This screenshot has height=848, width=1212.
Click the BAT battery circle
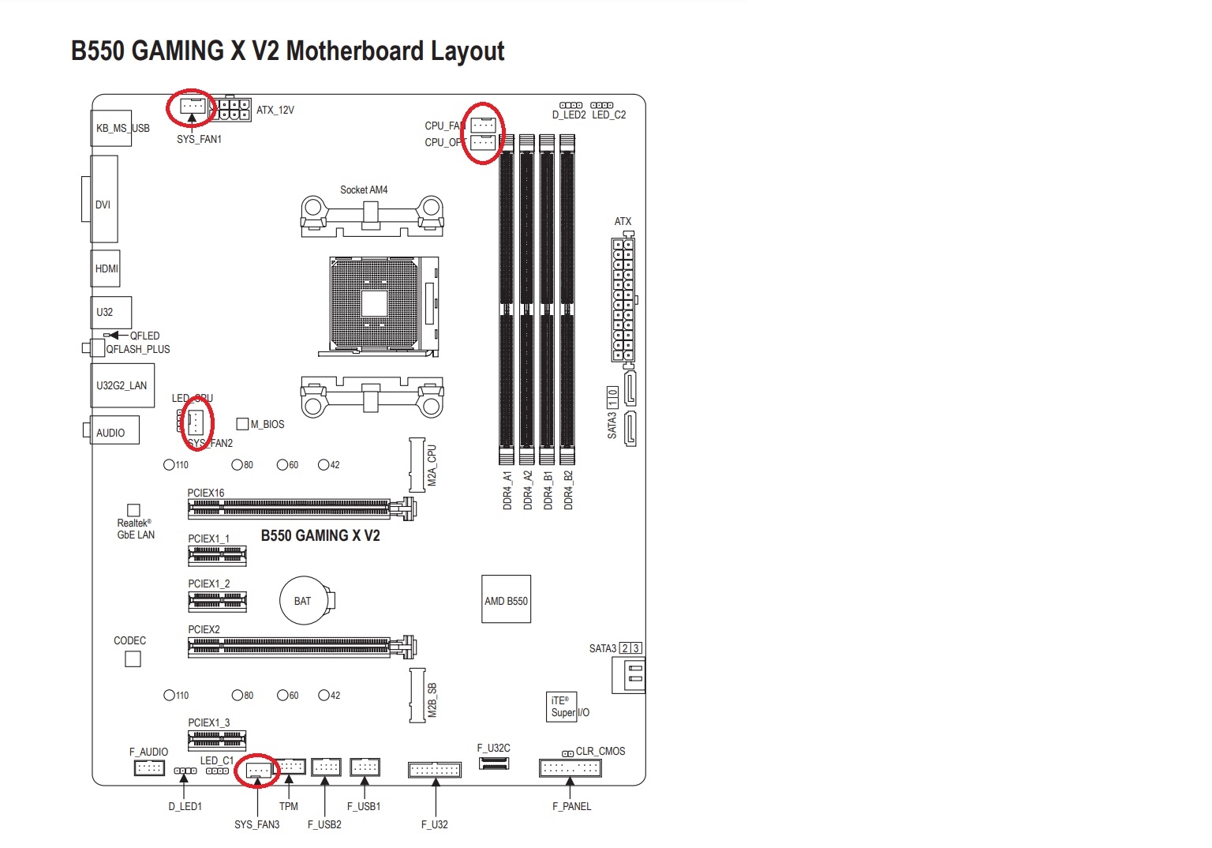(303, 601)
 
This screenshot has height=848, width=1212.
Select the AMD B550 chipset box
(506, 600)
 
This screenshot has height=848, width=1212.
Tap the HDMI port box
(107, 268)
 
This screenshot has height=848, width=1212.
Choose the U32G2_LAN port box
(122, 385)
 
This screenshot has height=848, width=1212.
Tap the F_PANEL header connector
(570, 767)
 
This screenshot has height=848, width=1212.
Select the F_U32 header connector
(434, 769)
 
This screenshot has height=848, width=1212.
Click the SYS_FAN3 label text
(256, 824)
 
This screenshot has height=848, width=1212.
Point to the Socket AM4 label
(364, 189)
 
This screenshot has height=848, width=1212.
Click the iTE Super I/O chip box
(562, 706)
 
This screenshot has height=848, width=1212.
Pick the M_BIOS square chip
(243, 424)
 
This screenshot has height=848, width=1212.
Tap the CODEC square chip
(133, 659)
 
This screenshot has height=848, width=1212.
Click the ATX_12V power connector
(234, 109)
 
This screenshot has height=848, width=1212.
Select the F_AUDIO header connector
(149, 767)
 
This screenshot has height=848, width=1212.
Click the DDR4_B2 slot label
(569, 490)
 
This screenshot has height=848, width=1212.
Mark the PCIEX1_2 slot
(217, 602)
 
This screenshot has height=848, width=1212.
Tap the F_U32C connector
(494, 764)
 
